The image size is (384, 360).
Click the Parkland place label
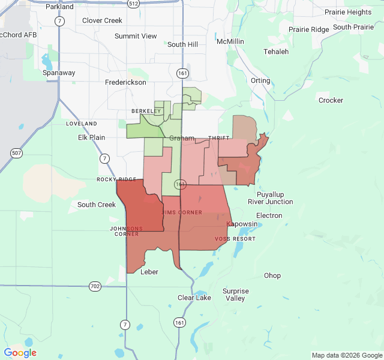(59, 7)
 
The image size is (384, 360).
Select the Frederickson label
(125, 82)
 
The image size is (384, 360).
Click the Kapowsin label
(242, 224)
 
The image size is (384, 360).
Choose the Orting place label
(260, 80)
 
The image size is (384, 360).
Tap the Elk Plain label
(91, 137)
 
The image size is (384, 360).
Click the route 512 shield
(133, 4)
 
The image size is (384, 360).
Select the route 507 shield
(16, 153)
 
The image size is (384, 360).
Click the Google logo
(20, 353)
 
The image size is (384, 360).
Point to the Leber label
(149, 272)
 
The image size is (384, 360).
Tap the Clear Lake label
(194, 298)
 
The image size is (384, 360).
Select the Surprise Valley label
(235, 295)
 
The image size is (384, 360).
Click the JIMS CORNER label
(182, 212)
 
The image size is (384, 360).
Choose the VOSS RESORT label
(235, 239)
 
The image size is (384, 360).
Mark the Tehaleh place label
(276, 52)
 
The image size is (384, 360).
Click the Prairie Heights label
(347, 12)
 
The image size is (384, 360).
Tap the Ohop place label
(272, 275)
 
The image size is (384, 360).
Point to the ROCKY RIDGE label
(116, 179)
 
